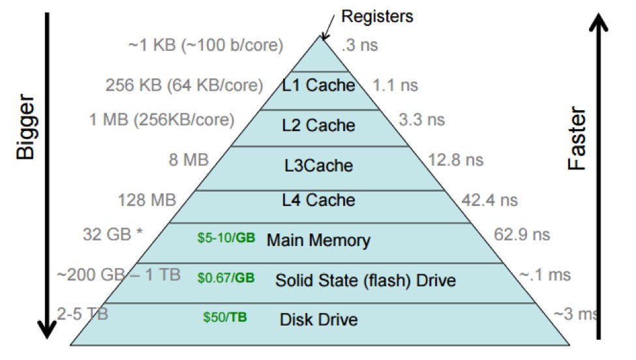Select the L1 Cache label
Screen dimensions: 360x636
click(318, 85)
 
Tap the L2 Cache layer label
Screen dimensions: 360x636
click(318, 125)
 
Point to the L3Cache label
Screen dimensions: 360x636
click(318, 166)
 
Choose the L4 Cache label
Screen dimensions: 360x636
click(318, 200)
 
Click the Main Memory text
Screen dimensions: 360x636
click(318, 240)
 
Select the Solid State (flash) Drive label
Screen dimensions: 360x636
click(365, 280)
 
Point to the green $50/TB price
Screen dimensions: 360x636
click(225, 318)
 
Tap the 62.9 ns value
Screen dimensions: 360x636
click(522, 233)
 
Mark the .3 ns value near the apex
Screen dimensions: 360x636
click(360, 46)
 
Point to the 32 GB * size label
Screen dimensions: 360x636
click(112, 234)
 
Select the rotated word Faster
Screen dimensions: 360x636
click(577, 140)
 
